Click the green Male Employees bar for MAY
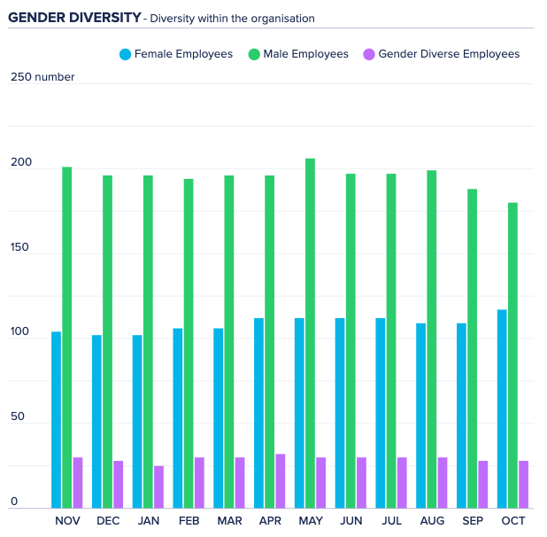point(311,333)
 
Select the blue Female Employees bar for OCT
point(503,409)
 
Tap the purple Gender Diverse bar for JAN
point(159,486)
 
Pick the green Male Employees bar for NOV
point(67,337)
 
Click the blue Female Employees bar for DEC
point(96,422)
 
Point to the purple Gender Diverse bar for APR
point(281,480)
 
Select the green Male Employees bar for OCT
point(513,355)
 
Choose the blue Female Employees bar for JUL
point(381,413)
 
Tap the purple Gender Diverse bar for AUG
point(443,482)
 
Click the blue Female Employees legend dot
point(125,55)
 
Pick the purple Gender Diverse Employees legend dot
point(369,55)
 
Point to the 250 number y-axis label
point(42,77)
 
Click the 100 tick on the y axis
point(20,332)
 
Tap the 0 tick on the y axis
point(14,502)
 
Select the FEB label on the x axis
point(189,521)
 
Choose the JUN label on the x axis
point(351,521)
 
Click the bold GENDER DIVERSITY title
point(74,17)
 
